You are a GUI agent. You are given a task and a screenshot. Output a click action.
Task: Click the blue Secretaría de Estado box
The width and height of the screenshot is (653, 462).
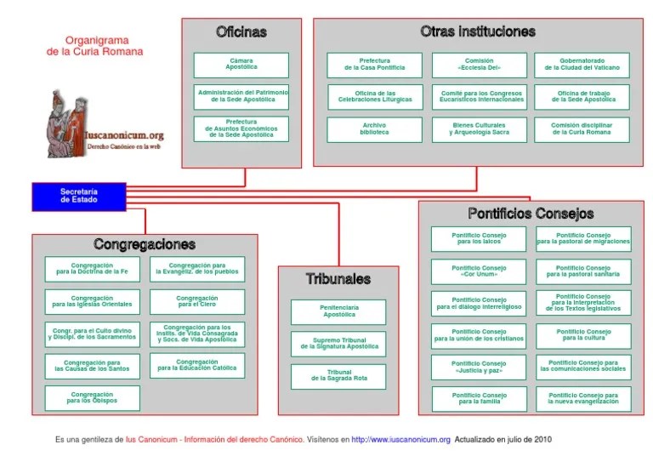[x=78, y=197]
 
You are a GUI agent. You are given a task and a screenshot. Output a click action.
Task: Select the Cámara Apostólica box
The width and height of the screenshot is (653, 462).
[x=241, y=65]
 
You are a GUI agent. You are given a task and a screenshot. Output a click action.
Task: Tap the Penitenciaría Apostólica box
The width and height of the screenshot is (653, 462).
[x=338, y=311]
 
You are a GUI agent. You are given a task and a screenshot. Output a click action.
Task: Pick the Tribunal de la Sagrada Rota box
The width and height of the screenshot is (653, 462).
[x=338, y=376]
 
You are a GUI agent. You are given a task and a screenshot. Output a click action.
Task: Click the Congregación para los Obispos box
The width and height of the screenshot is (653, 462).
[x=92, y=398]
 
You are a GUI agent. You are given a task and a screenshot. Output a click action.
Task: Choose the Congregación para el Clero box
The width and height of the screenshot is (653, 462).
[x=197, y=302]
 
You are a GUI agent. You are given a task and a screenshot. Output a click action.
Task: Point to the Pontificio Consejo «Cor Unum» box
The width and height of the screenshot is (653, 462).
[x=479, y=271]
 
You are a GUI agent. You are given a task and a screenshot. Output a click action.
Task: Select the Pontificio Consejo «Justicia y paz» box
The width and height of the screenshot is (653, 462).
[x=479, y=368]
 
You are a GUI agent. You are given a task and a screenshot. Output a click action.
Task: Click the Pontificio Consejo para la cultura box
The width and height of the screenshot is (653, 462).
[x=583, y=335]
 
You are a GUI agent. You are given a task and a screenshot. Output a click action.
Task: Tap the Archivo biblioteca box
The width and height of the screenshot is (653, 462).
[x=374, y=129]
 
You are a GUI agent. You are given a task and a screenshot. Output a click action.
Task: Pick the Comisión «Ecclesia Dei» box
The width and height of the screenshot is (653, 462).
[x=479, y=65]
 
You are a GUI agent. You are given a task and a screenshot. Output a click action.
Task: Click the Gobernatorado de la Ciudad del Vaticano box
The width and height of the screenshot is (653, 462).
[x=582, y=65]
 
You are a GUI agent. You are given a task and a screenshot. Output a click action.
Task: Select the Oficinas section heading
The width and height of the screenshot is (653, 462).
[x=241, y=32]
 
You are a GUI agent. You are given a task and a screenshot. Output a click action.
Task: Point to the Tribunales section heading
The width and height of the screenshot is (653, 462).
[x=338, y=279]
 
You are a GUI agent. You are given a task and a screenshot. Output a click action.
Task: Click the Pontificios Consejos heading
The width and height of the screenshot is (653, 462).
[x=531, y=214]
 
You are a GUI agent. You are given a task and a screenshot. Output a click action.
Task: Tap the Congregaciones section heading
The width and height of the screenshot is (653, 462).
[x=145, y=245]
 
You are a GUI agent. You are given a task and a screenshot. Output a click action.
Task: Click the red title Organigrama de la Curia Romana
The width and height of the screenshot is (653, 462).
[x=94, y=45]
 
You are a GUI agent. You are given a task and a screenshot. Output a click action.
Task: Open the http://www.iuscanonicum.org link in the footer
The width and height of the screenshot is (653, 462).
[x=400, y=440]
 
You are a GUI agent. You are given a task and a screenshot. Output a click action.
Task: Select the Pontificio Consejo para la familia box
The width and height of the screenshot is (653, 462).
[x=479, y=399]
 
